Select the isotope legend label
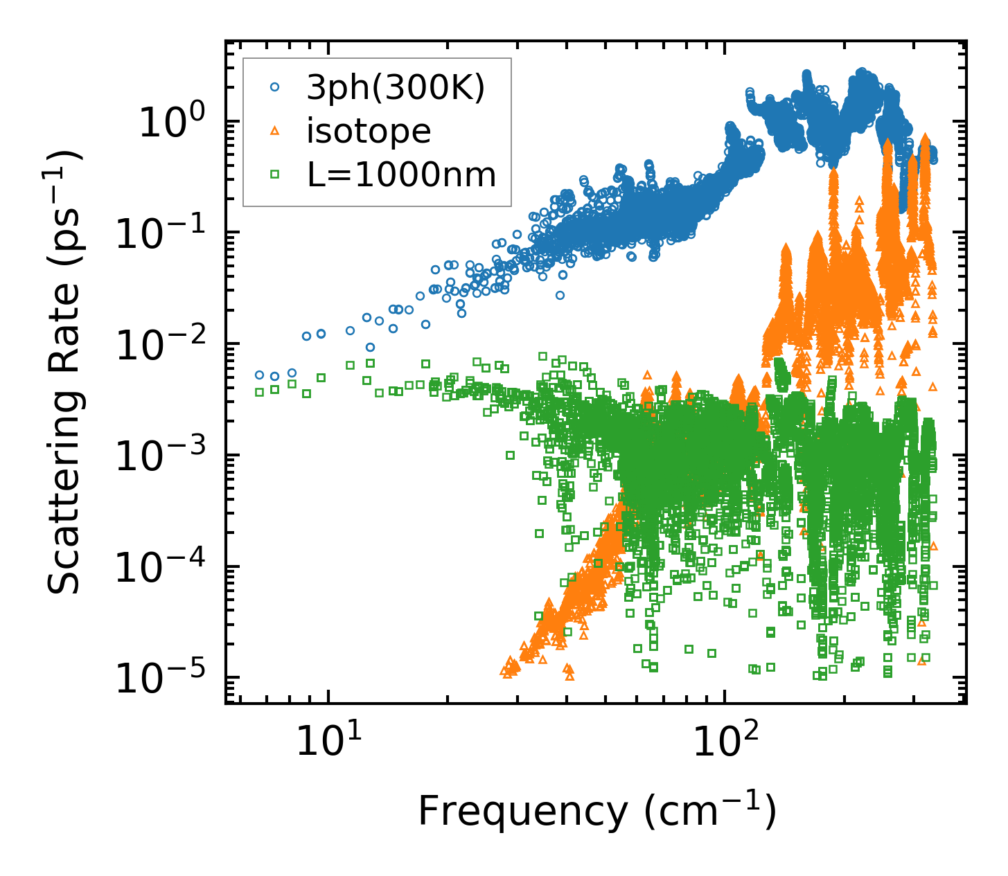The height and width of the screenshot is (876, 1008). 369,131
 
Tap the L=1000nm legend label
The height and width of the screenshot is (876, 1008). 401,175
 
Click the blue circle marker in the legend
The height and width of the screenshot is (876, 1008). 275,87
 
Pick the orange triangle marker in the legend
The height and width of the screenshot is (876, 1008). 275,130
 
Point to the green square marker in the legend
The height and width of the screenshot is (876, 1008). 275,175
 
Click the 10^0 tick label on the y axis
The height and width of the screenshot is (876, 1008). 170,123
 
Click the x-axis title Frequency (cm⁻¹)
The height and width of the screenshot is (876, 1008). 596,811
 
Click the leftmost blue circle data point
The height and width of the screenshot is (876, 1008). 260,375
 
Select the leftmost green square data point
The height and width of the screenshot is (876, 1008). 259,392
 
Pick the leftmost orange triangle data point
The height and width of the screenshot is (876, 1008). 504,670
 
